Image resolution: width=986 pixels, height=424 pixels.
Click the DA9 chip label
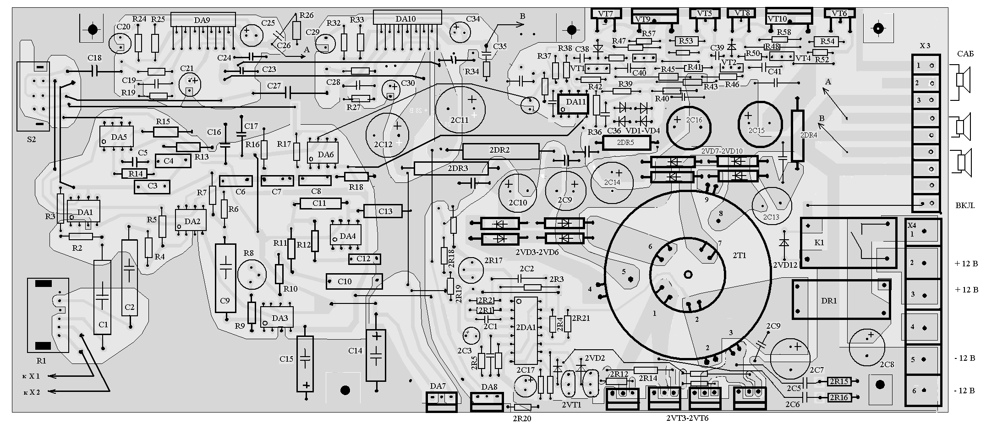click(202, 20)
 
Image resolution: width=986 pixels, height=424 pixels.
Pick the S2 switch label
click(31, 139)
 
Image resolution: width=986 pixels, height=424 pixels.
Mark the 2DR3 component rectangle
click(451, 168)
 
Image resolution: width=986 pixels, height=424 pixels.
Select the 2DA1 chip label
click(526, 327)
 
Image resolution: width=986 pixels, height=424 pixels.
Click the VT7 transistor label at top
click(605, 14)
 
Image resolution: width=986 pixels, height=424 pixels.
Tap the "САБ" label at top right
click(965, 54)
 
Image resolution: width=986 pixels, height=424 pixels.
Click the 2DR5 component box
click(626, 143)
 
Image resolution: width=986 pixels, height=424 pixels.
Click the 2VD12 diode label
click(785, 264)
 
